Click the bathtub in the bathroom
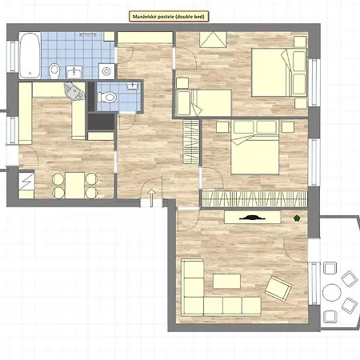tap(30, 52)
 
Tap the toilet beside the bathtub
tap(54, 73)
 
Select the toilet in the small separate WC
tap(110, 98)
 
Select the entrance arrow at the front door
tap(152, 196)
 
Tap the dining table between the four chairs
tap(75, 185)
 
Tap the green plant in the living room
tap(298, 217)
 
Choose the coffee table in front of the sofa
tap(226, 281)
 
